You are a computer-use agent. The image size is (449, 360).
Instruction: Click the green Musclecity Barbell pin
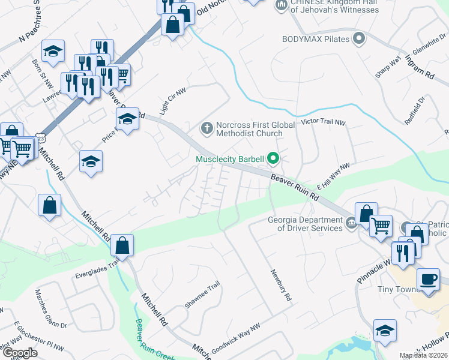point(274,159)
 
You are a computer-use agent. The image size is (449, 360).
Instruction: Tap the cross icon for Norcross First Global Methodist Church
point(206,128)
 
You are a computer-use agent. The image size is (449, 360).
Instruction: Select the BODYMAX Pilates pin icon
point(359,40)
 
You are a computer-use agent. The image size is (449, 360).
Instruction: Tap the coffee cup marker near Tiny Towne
point(428,280)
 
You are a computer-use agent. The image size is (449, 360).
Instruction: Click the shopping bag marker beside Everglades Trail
point(122,245)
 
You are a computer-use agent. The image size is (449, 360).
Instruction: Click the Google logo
point(19,352)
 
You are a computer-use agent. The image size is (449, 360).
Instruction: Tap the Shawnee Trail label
point(199,296)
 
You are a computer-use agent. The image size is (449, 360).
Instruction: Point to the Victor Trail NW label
point(324,122)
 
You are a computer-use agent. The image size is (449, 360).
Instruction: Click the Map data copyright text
point(424,356)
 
